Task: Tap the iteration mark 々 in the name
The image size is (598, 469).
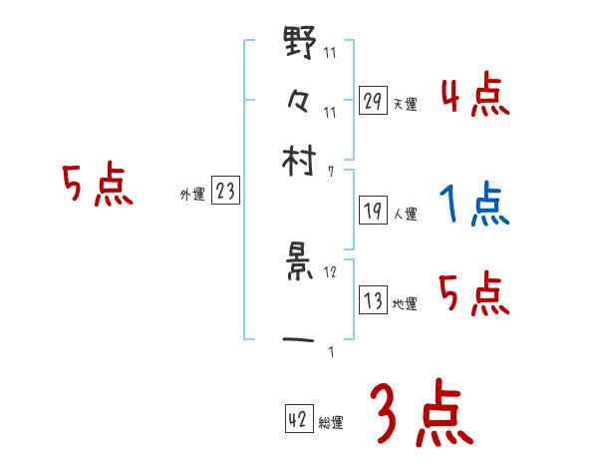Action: [300, 101]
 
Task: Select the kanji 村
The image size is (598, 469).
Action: [300, 160]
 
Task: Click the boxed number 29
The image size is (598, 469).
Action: [373, 101]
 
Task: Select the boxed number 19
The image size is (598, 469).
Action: [373, 211]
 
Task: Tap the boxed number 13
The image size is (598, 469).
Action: [373, 300]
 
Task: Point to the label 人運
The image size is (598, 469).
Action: [406, 214]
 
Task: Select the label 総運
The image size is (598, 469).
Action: [332, 423]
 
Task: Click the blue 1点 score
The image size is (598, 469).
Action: [474, 206]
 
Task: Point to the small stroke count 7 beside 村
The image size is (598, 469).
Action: [331, 171]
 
